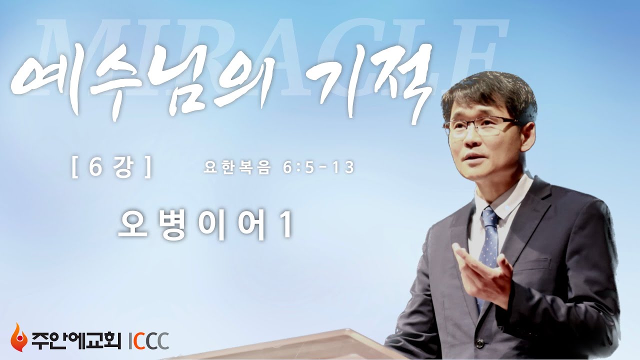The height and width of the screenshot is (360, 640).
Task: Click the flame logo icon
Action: click(18, 337)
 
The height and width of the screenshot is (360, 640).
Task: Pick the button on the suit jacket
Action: click(480, 343)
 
